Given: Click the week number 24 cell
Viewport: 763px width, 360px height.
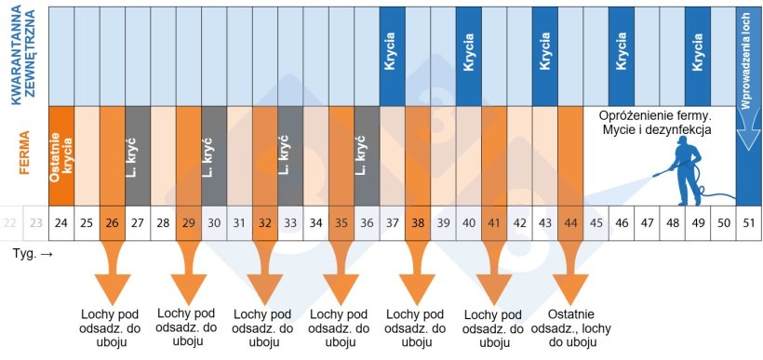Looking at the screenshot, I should click(x=61, y=222).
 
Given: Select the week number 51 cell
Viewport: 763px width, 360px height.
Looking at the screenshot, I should click(x=747, y=222).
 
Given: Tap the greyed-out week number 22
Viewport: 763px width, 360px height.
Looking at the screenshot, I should click(x=10, y=222).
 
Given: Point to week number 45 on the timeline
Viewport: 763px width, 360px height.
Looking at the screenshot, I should click(x=596, y=222).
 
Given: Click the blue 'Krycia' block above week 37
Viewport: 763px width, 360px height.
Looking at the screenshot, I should click(x=391, y=55).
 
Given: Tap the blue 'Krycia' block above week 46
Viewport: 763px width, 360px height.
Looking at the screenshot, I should click(x=621, y=55).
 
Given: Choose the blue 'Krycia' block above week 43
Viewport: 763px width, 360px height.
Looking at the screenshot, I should click(x=544, y=55).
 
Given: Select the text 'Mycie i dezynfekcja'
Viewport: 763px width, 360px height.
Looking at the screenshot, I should click(x=657, y=130).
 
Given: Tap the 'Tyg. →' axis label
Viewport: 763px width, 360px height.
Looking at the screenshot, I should click(x=32, y=252).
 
